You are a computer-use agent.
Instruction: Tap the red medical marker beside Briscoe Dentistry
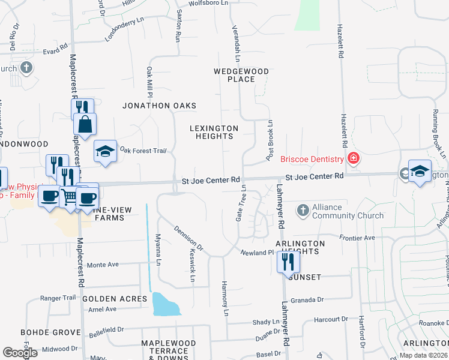click(354, 158)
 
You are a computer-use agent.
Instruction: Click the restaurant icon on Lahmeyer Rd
click(288, 261)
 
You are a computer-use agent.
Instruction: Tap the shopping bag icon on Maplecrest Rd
click(85, 124)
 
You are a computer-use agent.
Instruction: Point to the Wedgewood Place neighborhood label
click(242, 75)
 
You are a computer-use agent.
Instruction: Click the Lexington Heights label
click(214, 132)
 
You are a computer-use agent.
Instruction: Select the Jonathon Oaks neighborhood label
click(159, 106)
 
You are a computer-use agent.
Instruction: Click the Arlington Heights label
click(300, 247)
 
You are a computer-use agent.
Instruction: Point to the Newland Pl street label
click(257, 253)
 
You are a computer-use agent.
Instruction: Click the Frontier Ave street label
click(357, 238)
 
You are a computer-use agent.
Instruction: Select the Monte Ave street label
click(103, 264)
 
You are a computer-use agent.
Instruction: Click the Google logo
click(20, 353)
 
